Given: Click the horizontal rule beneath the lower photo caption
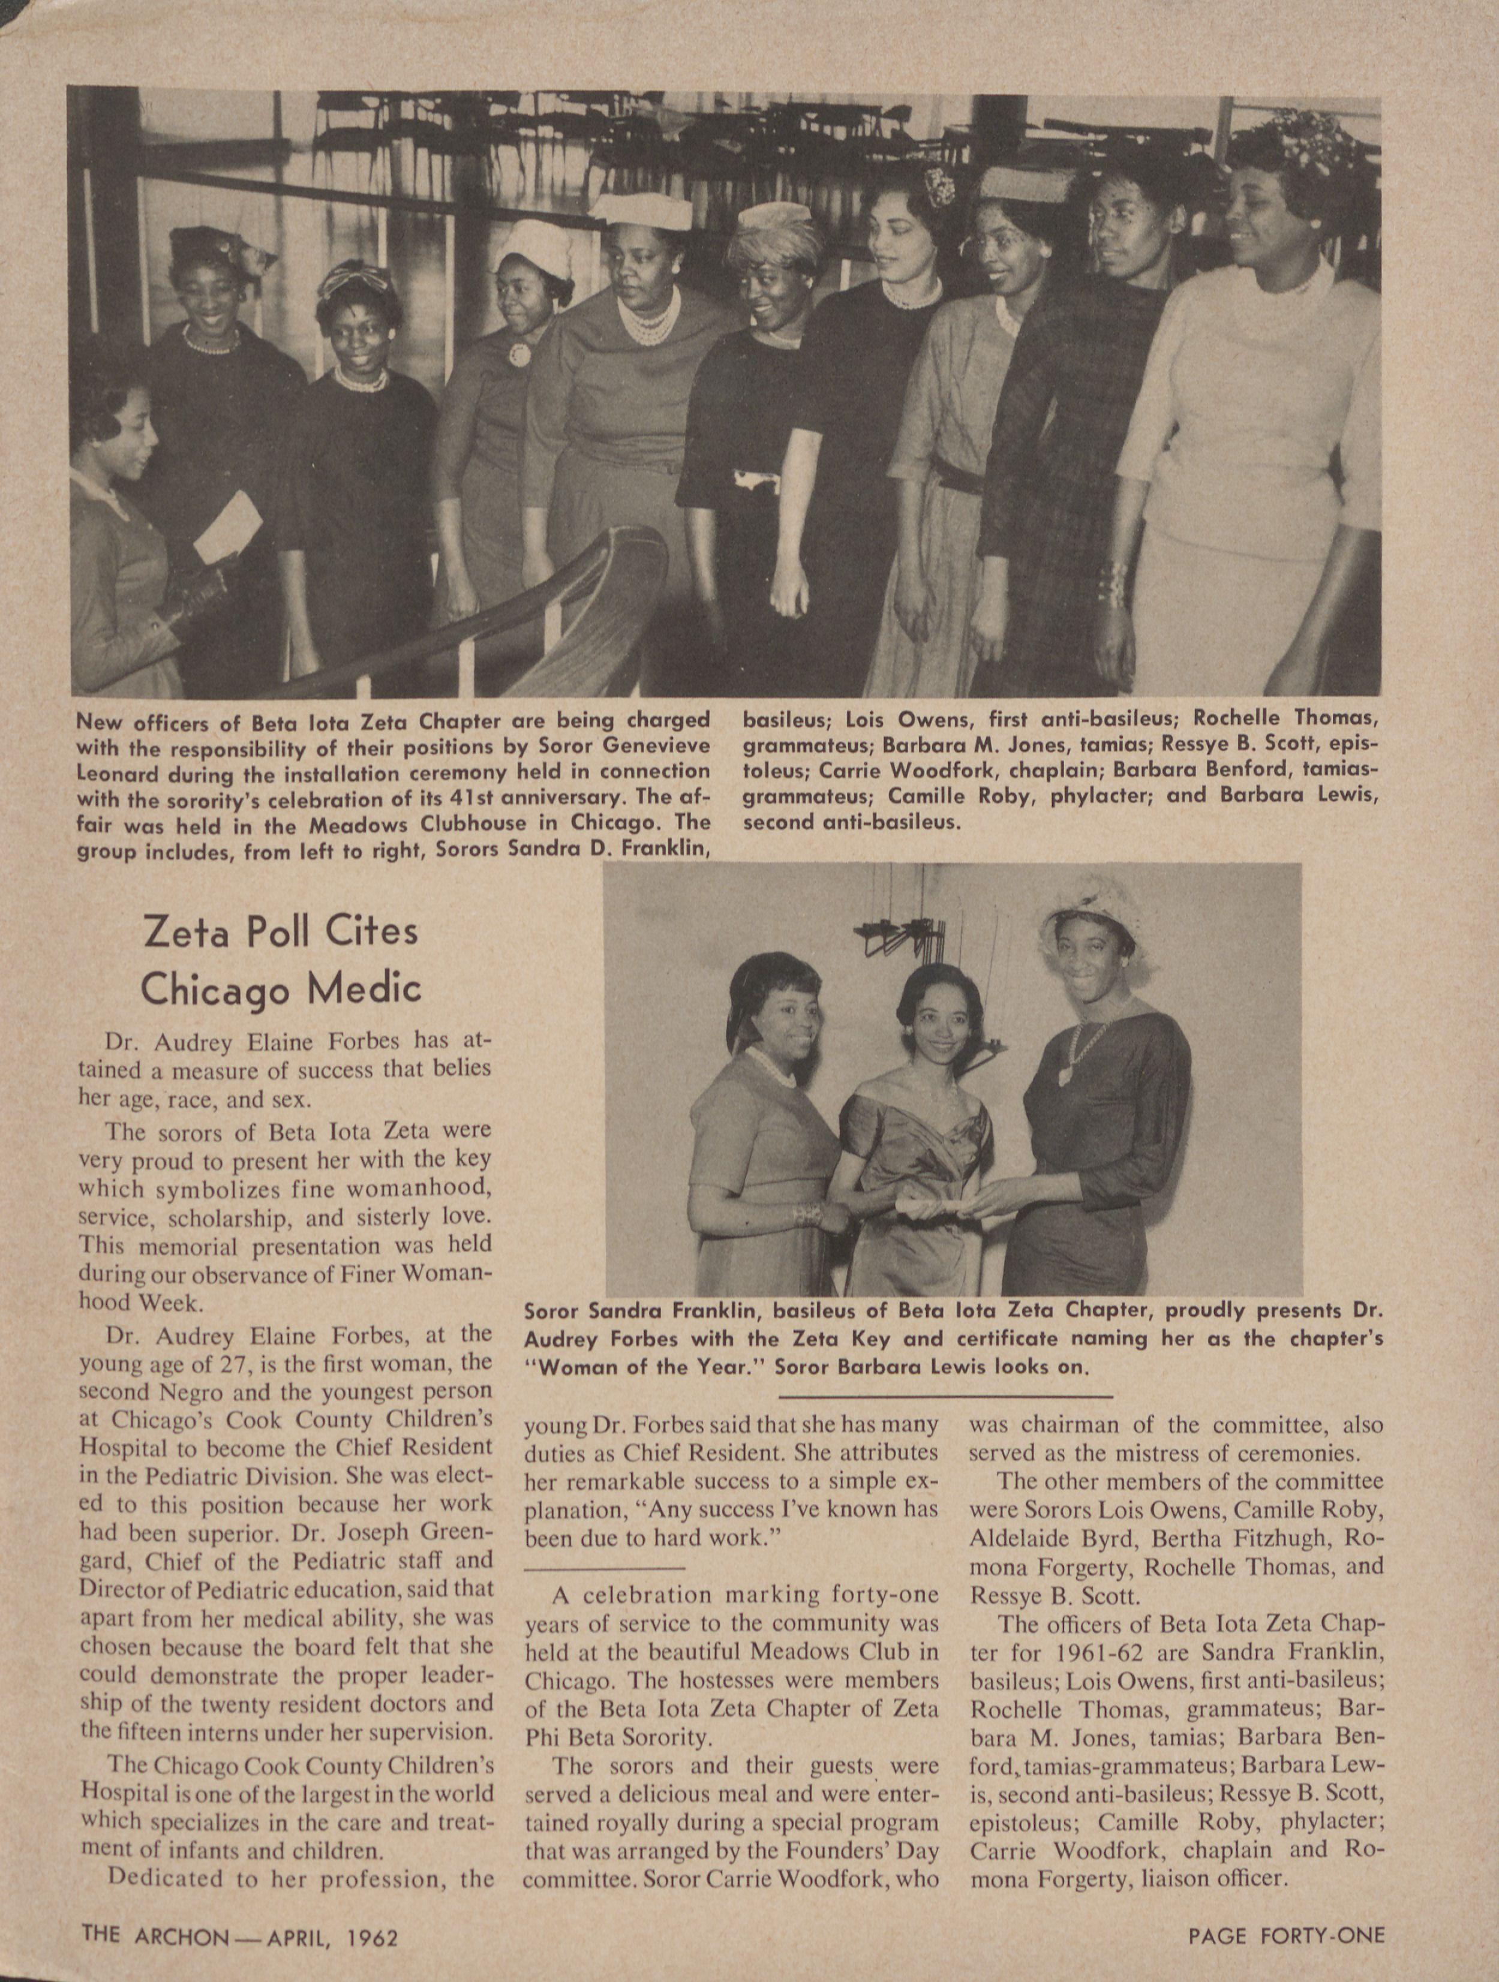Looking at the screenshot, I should pos(946,1397).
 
